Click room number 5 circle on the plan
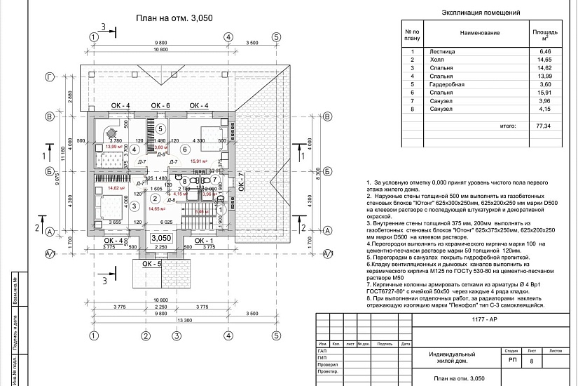point(160,129)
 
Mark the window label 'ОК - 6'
point(160,105)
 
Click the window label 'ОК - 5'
point(151,265)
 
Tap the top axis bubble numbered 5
point(277,37)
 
